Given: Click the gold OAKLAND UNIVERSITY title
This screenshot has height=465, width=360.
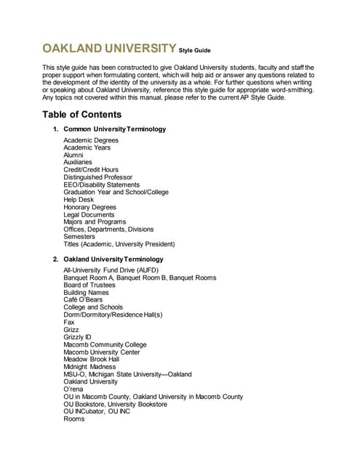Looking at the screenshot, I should click(x=108, y=49).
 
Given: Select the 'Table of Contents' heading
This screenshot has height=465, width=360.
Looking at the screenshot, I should click(x=81, y=115).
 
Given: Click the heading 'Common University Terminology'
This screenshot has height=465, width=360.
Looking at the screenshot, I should click(x=114, y=129).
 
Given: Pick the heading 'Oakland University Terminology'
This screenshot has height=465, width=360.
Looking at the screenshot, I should click(x=113, y=259).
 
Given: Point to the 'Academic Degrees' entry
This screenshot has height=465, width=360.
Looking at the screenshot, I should click(x=91, y=140).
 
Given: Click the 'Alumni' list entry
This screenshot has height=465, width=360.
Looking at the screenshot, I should click(x=73, y=155).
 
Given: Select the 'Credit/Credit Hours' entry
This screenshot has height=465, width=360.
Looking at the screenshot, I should click(x=91, y=170).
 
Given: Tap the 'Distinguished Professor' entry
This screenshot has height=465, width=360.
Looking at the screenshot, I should click(x=97, y=177).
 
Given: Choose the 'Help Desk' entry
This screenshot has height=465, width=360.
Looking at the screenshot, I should click(x=79, y=200).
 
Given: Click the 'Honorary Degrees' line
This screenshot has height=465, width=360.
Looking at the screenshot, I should click(x=89, y=207).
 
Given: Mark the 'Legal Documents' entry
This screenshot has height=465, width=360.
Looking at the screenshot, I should click(x=89, y=215).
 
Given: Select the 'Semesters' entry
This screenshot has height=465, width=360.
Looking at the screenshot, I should click(x=79, y=237).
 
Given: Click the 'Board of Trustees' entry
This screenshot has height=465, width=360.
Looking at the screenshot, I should click(x=89, y=285).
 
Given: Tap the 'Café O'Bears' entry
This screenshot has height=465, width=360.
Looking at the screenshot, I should click(x=83, y=299).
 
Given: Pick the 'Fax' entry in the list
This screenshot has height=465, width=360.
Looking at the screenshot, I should click(x=69, y=322).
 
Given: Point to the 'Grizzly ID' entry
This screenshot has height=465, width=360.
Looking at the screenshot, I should click(x=78, y=337).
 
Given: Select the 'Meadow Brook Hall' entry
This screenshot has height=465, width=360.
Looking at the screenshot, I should click(x=91, y=359).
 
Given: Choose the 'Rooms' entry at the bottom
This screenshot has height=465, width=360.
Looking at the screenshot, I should click(x=74, y=419).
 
